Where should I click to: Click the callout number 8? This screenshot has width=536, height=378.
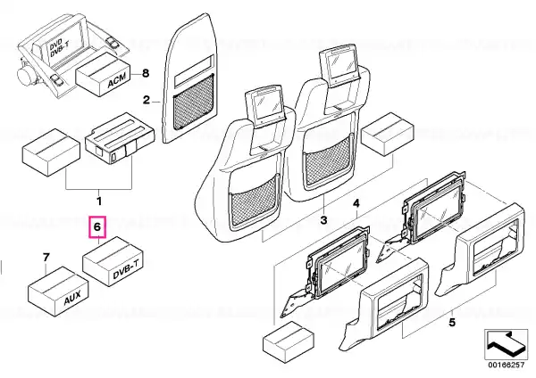[x=146, y=73]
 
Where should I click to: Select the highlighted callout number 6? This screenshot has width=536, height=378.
[x=97, y=226]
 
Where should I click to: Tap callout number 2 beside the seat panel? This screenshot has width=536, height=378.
[x=147, y=101]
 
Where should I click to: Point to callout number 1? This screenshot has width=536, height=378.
[x=99, y=201]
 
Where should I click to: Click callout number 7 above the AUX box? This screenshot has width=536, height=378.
[x=46, y=258]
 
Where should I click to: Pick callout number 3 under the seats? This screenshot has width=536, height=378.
[x=323, y=220]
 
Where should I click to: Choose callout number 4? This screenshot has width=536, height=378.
[x=356, y=203]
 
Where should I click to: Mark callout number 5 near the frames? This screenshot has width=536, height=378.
[x=452, y=322]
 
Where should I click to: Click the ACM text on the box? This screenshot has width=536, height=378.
[x=116, y=80]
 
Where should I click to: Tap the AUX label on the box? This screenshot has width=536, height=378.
[x=72, y=298]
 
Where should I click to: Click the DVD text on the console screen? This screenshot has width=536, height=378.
[x=54, y=45]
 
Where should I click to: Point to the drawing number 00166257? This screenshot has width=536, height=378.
[x=506, y=365]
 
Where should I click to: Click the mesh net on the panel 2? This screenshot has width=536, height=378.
[x=194, y=103]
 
